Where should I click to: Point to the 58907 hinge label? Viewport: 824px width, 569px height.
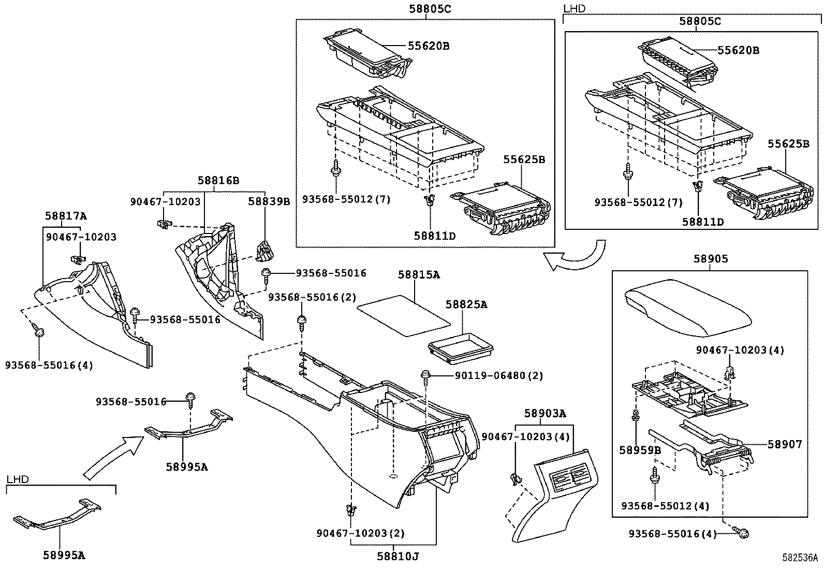pos(784,444)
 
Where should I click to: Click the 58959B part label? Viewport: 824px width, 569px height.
pos(640,450)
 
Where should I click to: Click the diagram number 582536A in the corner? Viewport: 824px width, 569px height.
pos(800,558)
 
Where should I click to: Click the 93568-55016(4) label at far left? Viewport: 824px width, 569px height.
pos(49,365)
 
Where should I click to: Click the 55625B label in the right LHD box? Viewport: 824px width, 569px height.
pos(788,143)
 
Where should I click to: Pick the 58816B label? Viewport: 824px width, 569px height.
pos(218,180)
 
